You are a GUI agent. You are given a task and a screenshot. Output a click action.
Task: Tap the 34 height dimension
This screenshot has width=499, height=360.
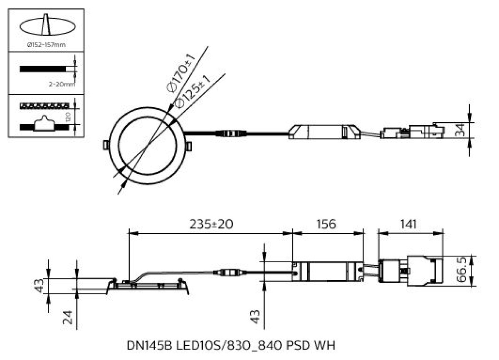459,130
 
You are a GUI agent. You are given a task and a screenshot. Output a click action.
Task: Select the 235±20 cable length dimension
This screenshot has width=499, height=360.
211,224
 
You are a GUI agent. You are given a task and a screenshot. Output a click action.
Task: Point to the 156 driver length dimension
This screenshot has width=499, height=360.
326,224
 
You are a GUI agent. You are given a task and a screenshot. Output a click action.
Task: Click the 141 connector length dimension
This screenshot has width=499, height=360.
410,224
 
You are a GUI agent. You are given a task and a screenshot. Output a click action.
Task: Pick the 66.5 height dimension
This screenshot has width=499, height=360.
461,270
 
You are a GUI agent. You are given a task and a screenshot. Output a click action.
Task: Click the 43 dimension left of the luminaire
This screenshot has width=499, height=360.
39,286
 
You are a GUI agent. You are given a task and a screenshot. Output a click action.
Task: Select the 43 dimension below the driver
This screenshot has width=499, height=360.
255,317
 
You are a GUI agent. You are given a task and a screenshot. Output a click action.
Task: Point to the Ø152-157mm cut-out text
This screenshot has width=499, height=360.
46,44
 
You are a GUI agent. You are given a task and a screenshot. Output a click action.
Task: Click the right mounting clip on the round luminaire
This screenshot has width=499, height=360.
189,146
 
